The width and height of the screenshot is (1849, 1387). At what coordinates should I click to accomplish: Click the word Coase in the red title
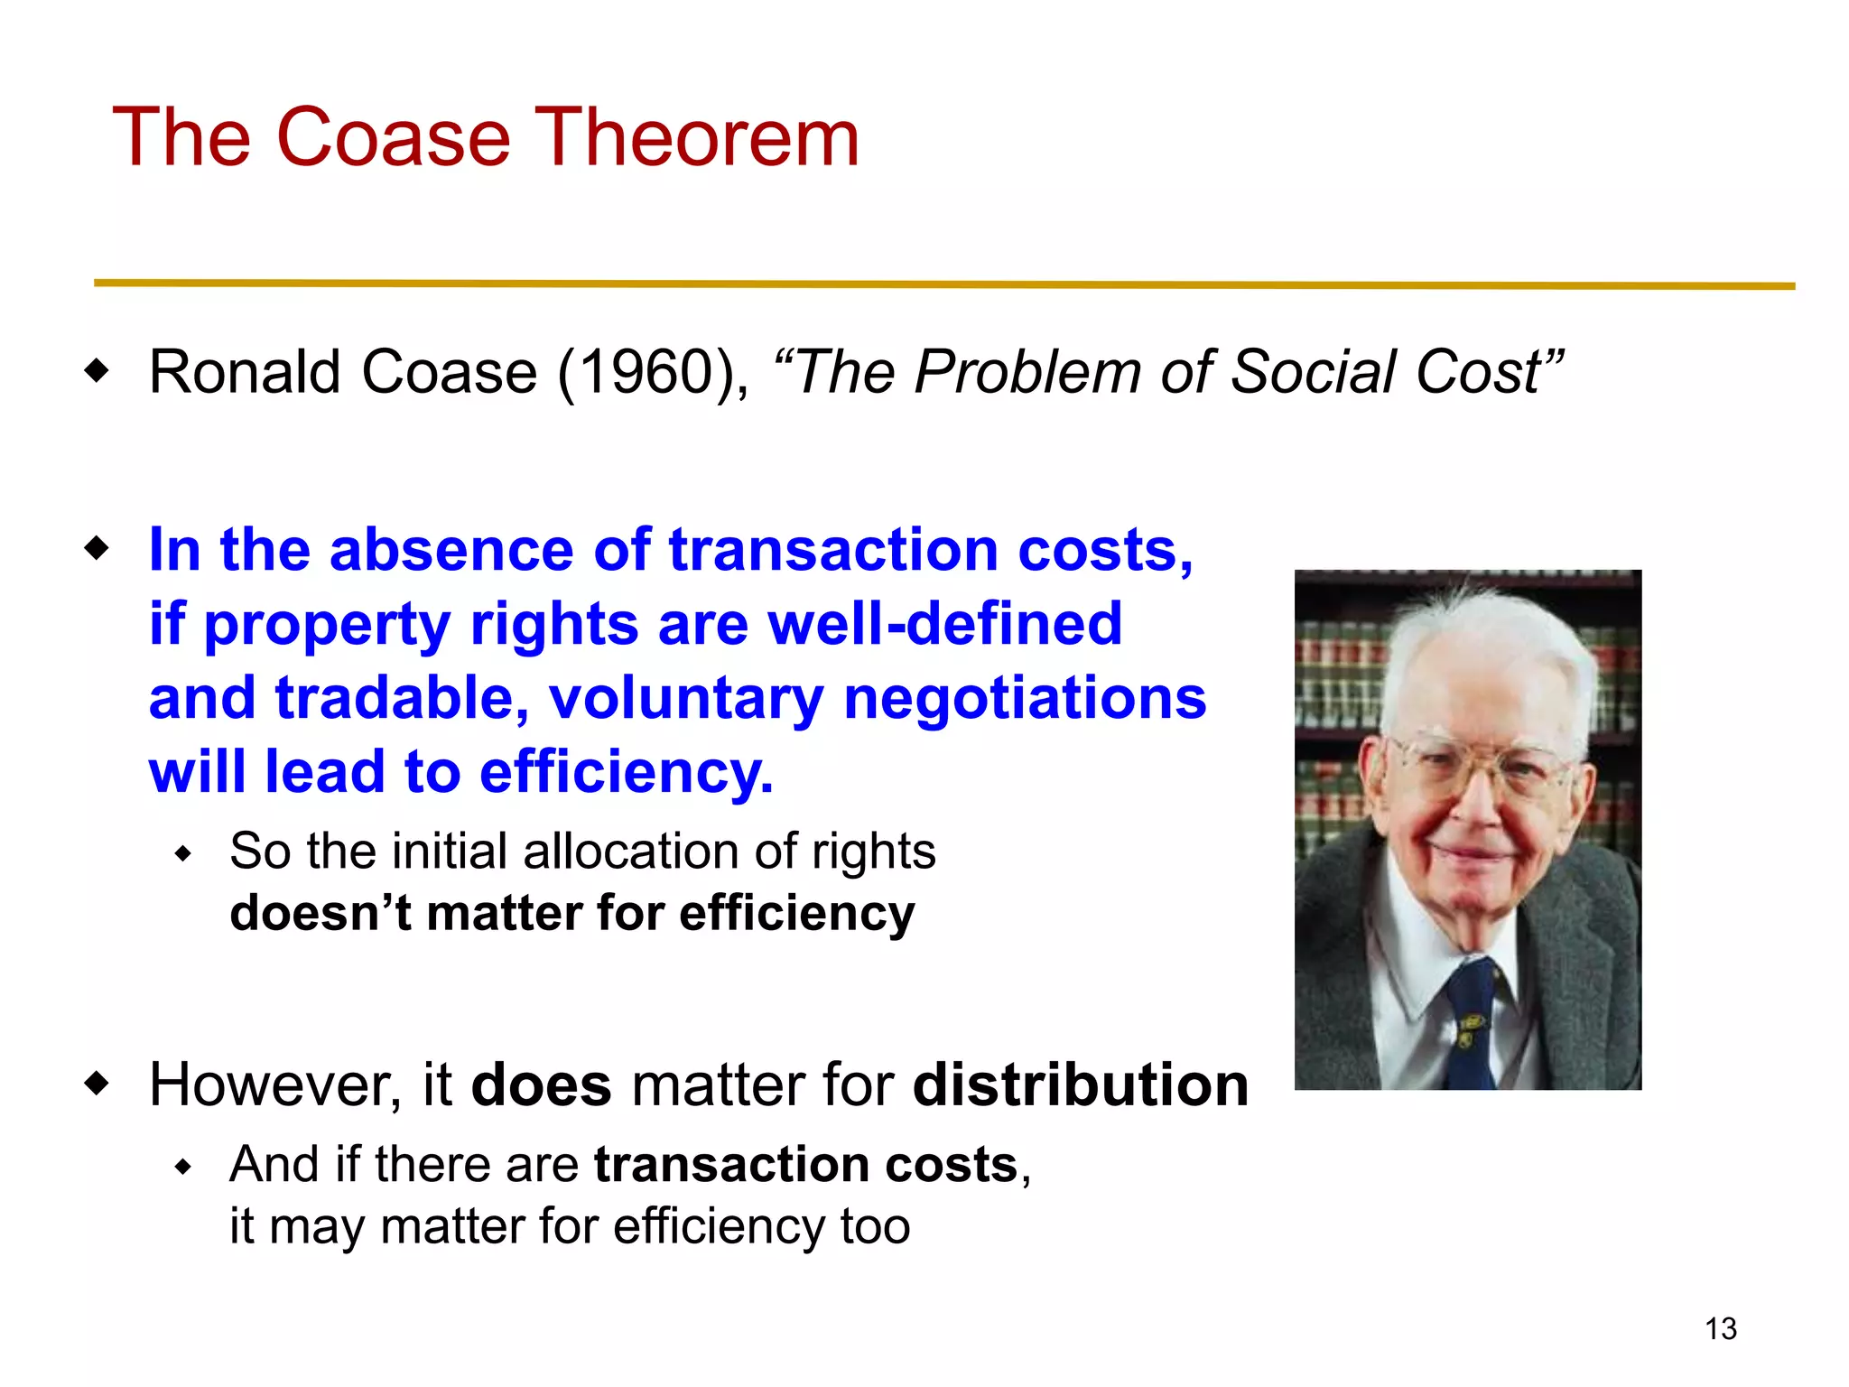(x=393, y=137)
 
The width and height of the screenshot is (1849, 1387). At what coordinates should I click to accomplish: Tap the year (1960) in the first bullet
(x=652, y=372)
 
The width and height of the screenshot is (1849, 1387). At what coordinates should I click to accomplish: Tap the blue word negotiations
(x=1024, y=698)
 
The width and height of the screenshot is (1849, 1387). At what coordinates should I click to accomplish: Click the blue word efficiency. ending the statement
(x=626, y=772)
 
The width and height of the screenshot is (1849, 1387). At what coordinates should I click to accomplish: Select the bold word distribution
(x=1080, y=1084)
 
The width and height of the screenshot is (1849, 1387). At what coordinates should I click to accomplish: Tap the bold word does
(x=541, y=1084)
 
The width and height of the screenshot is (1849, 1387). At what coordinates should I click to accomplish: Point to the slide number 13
(x=1720, y=1329)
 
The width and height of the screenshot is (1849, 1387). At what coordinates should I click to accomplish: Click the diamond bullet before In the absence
(x=96, y=548)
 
